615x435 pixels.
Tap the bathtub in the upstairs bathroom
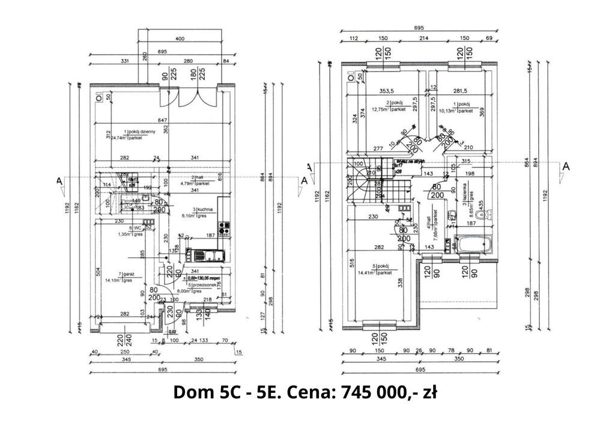[473, 245]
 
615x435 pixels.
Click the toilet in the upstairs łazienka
[488, 211]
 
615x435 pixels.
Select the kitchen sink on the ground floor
[211, 256]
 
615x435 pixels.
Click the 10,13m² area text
[449, 111]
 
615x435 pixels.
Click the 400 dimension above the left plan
[179, 38]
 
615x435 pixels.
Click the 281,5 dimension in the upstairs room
[460, 91]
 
